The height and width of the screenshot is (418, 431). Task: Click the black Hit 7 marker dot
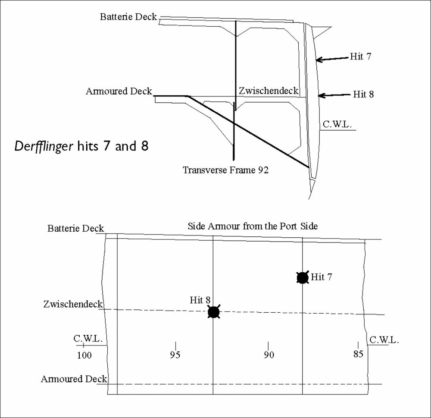[303, 278]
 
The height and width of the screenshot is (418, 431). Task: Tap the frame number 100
[84, 355]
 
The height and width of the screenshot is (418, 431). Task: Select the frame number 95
[175, 355]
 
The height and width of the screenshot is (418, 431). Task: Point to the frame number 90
[269, 355]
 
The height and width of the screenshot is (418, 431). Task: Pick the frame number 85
[358, 354]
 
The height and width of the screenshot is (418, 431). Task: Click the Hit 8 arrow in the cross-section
[335, 94]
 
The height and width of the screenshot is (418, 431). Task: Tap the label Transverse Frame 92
[225, 170]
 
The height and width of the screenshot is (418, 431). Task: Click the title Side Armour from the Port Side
[253, 226]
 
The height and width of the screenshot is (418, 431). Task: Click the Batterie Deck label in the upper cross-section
[128, 17]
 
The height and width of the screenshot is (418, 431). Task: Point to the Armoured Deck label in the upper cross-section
[119, 91]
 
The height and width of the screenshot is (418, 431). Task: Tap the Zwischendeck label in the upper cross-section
[268, 91]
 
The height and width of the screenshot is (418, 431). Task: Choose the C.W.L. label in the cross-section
[337, 125]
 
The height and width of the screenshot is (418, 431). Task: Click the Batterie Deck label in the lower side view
[76, 228]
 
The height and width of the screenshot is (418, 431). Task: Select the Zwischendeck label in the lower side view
[73, 304]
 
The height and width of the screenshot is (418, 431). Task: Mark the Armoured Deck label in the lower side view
[74, 379]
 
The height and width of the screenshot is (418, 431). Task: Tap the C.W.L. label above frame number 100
[88, 338]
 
